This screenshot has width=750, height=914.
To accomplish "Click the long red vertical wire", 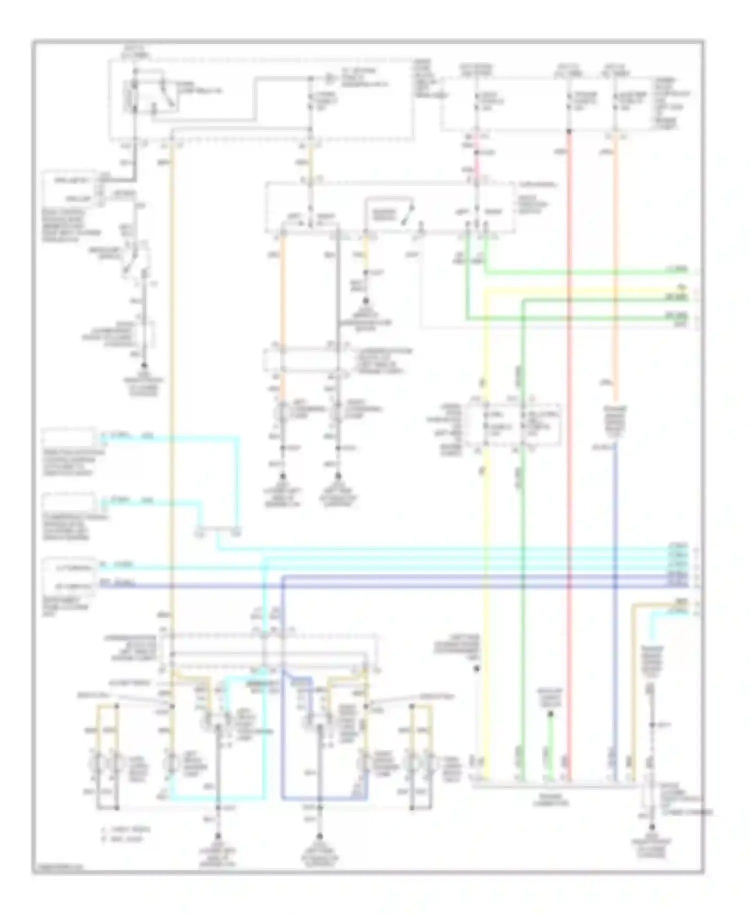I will pos(569,450).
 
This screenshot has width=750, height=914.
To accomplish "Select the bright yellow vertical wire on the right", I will pos(484,600).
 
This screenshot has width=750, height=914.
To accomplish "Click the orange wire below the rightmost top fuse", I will pos(615,250).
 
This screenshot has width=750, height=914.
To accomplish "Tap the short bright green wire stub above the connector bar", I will pos(550,750).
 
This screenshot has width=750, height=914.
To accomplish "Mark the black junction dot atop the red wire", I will pos(569,131).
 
